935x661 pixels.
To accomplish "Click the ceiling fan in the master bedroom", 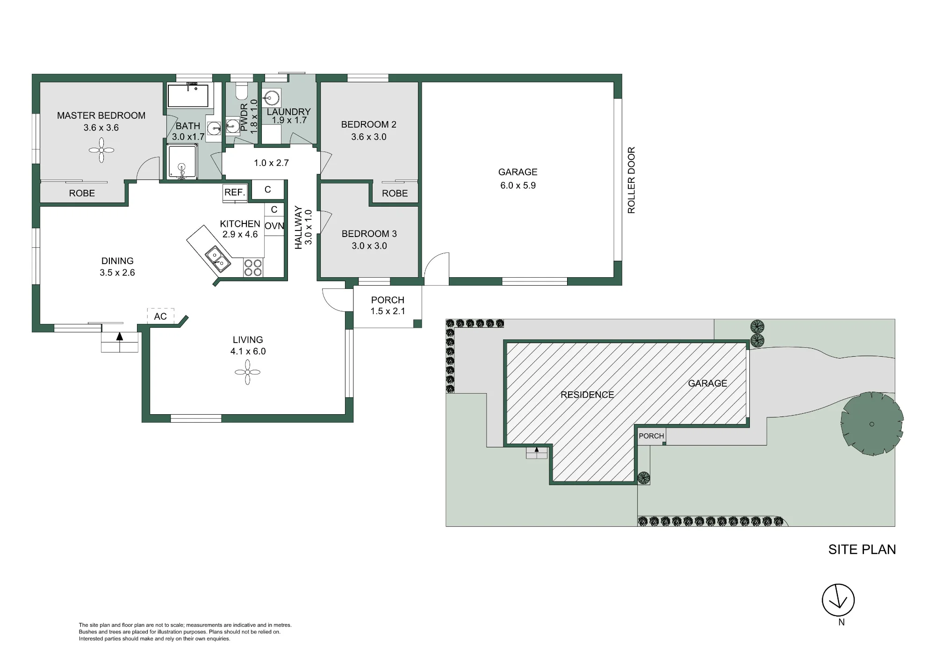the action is [101, 150].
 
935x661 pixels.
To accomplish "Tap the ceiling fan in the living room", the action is [248, 373].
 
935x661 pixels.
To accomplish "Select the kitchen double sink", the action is [218, 259].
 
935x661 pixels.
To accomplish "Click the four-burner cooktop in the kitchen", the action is [253, 268].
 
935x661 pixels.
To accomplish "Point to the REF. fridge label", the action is [235, 192].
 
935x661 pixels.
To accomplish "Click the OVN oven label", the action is [274, 226].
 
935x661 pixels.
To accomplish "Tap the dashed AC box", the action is [160, 316].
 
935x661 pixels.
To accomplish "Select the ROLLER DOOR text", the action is [632, 180].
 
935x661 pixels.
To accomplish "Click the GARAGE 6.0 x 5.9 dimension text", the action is [518, 186].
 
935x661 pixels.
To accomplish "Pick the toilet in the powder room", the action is [241, 91].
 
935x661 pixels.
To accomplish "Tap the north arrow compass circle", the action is [839, 600].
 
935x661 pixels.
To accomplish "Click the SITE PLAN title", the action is [862, 550].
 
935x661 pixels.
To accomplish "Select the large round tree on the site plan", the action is [872, 424].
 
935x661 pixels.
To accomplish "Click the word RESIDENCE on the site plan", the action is [587, 395].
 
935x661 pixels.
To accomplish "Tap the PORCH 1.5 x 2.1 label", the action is [388, 306].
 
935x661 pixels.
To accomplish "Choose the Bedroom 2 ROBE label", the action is [395, 194].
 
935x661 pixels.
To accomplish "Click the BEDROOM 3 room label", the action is [369, 234].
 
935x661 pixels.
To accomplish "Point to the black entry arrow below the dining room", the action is [120, 336].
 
